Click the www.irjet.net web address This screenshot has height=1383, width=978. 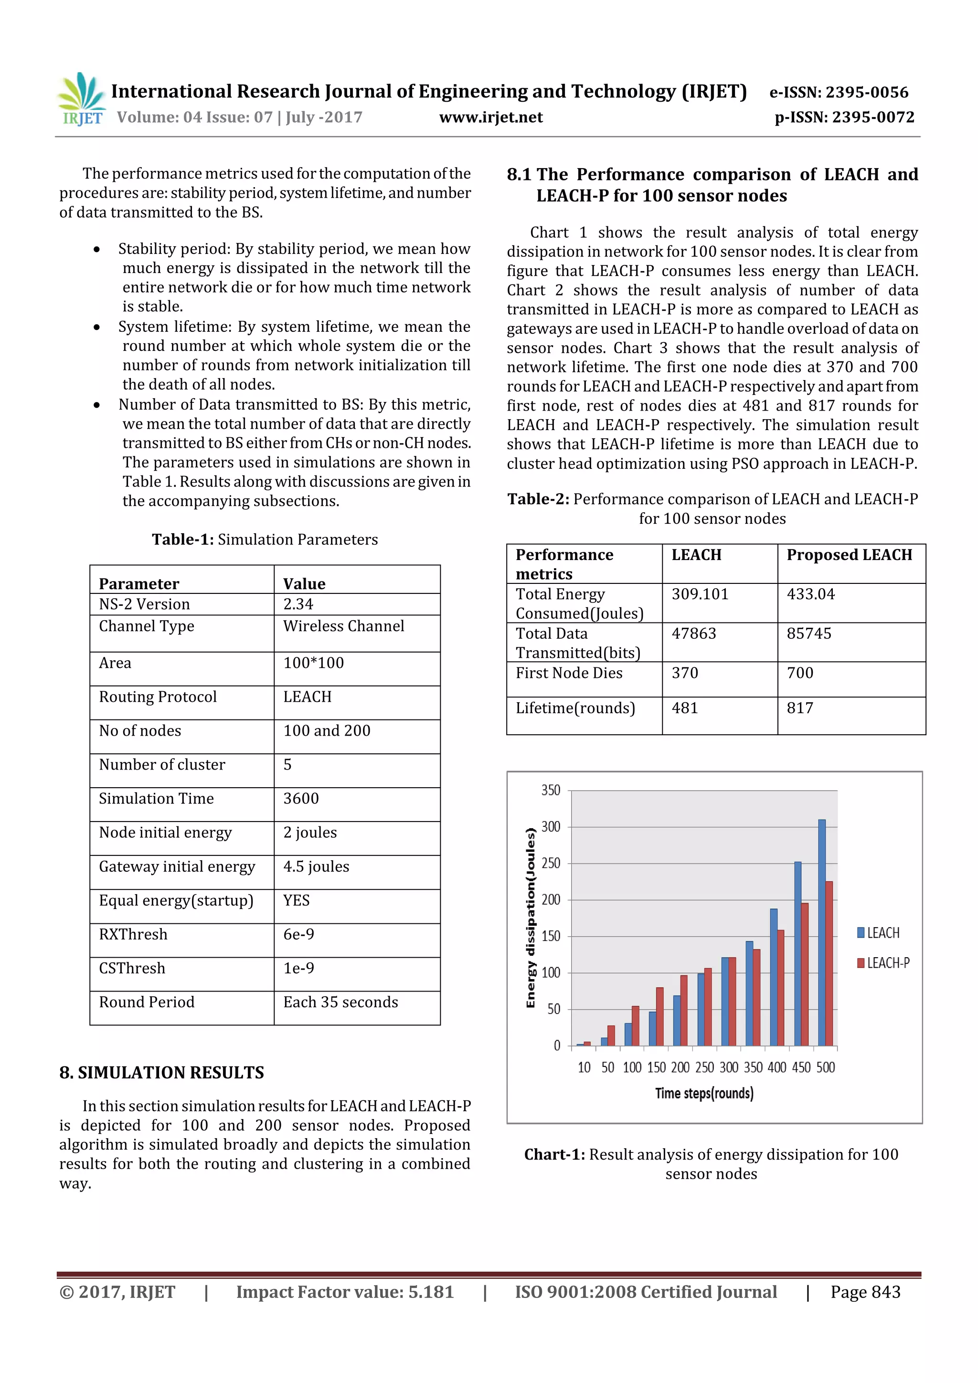(x=490, y=117)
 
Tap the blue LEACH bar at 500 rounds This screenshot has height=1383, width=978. (x=821, y=932)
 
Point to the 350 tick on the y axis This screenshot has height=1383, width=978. (x=550, y=790)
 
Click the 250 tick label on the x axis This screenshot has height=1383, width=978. (x=704, y=1067)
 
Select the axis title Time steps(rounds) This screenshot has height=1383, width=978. (x=704, y=1093)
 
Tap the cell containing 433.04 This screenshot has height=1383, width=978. (x=810, y=594)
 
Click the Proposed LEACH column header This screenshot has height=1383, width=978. (x=849, y=555)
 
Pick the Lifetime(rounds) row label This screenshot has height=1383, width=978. (x=575, y=708)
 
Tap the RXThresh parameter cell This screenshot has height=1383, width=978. (x=133, y=934)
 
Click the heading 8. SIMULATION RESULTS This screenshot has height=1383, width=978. (x=161, y=1073)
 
